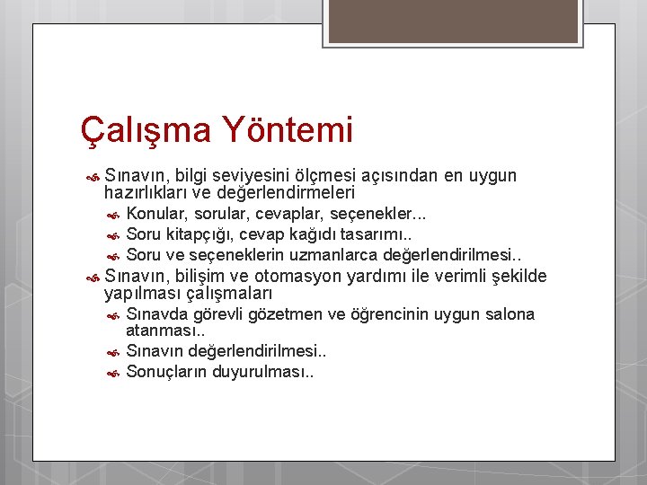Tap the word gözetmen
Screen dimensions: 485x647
(283, 314)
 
